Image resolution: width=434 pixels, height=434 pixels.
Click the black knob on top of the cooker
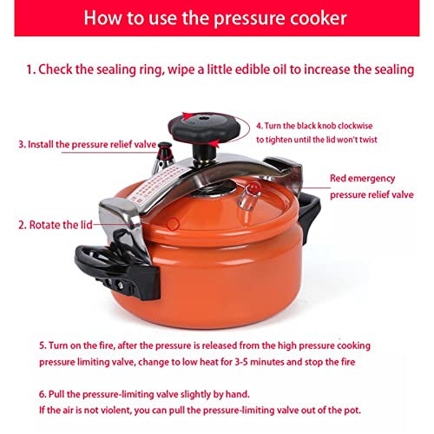[x=204, y=128]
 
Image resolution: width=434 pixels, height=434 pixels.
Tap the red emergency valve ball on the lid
[x=253, y=188]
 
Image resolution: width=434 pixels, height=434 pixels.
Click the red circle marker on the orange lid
[x=173, y=224]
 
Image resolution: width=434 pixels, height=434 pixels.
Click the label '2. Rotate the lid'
[x=56, y=225]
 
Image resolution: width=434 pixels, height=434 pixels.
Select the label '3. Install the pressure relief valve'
[x=88, y=144]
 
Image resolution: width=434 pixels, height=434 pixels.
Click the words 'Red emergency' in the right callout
[x=362, y=178]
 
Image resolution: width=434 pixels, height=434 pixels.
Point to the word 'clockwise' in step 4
[x=355, y=126]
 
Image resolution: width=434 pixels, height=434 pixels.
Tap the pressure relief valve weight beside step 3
[x=164, y=158]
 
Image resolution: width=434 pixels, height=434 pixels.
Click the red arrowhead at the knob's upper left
[x=187, y=116]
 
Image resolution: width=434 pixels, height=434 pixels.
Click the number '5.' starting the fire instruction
[x=43, y=345]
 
